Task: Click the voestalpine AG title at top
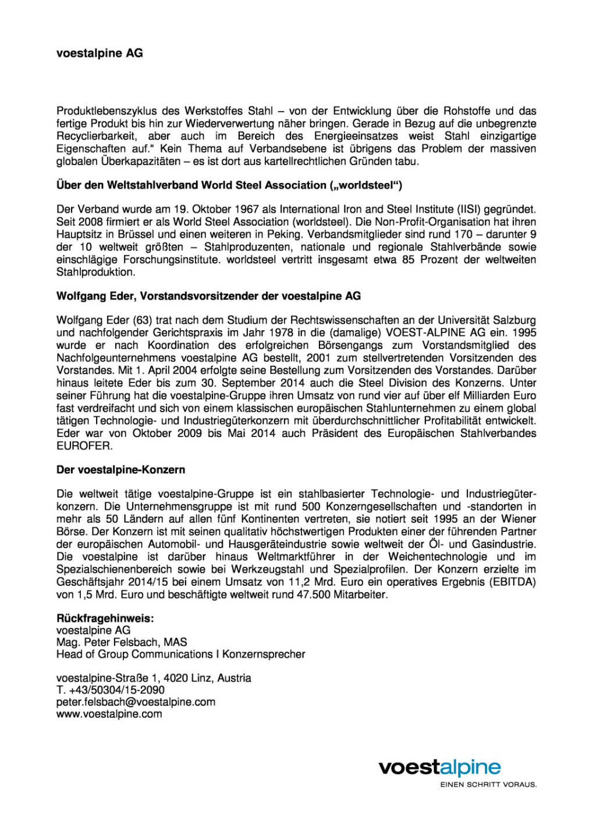(100, 53)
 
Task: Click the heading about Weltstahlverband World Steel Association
(229, 185)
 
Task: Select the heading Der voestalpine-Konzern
(120, 470)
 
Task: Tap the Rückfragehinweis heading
(105, 618)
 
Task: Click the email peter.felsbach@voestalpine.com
(136, 702)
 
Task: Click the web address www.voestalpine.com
(109, 714)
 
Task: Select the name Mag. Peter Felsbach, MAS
(122, 642)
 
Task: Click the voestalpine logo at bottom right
(440, 767)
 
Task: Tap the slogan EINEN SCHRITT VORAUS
(488, 785)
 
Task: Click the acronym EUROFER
(84, 446)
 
